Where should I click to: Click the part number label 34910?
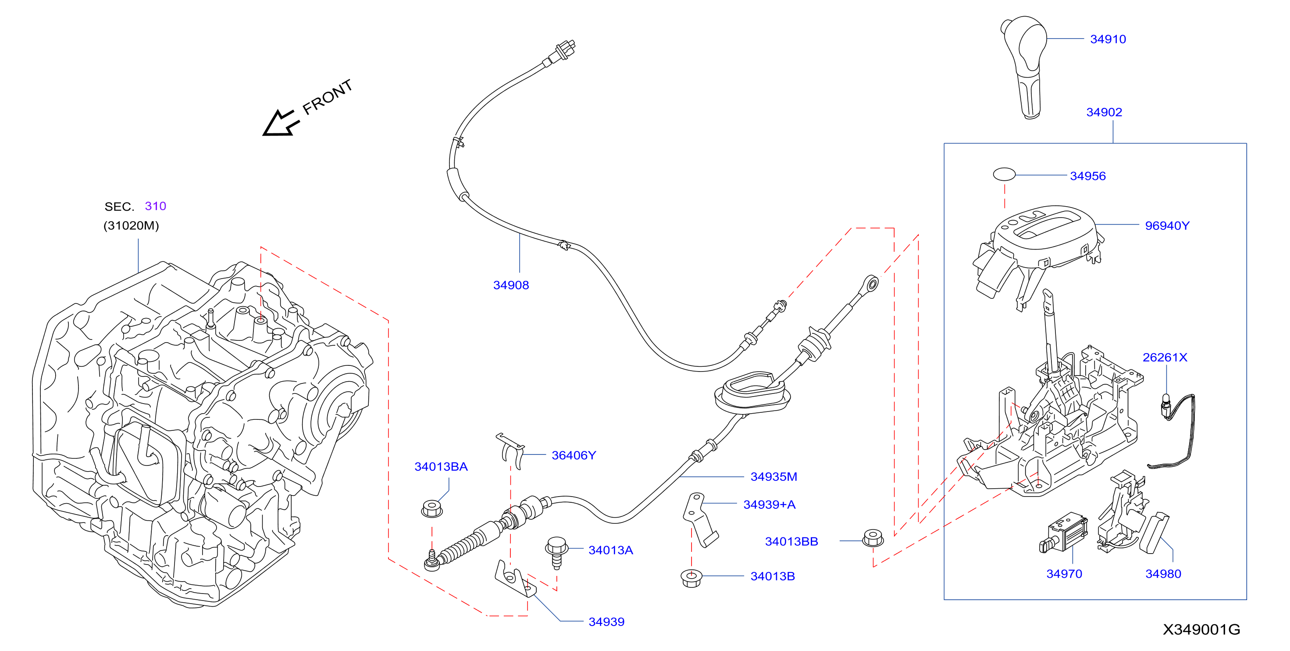1108,39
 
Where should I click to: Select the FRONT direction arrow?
281,123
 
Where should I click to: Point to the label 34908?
511,285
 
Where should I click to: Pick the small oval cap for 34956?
1004,174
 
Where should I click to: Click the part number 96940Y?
1167,226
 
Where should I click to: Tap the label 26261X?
1165,358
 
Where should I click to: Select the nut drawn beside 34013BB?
873,538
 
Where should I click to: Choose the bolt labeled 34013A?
556,552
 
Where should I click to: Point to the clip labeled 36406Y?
511,451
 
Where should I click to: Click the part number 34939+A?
769,504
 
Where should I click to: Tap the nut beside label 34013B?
691,578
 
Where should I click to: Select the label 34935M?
774,476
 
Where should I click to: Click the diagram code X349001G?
1201,630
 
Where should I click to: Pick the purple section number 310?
155,206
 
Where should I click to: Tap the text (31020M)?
131,225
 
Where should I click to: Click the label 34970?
1064,574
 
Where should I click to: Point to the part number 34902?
1104,112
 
